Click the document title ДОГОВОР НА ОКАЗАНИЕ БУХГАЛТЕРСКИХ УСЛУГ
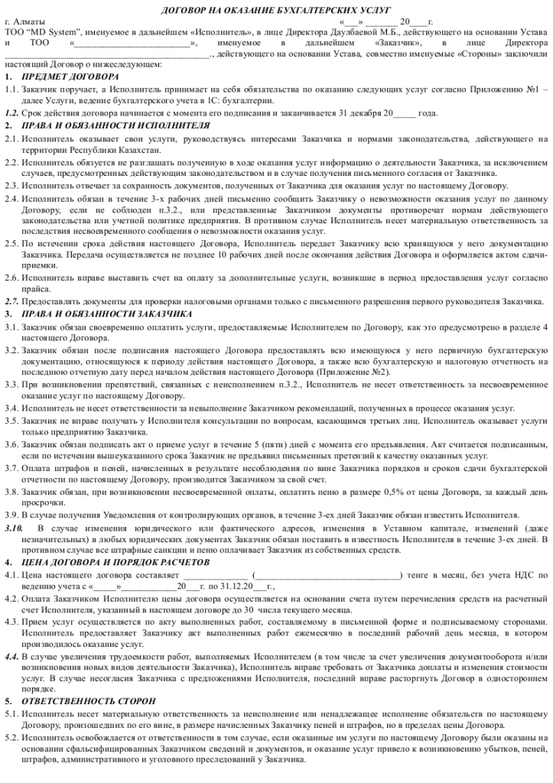coord(276,9)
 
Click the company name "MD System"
coord(45,35)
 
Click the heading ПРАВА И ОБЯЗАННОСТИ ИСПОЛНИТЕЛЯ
coord(115,124)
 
